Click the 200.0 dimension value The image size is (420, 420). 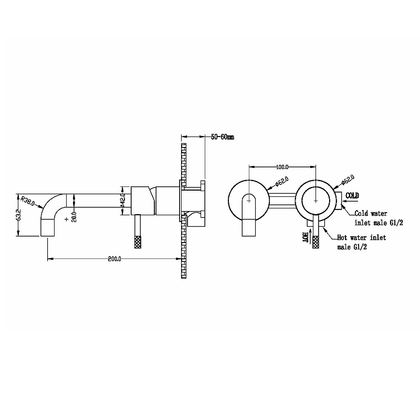coord(114,259)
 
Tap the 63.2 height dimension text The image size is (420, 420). coord(18,215)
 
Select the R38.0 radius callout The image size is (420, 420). coord(28,201)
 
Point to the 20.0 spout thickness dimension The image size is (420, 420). coord(75,217)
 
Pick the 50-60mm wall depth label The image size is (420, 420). coord(222,137)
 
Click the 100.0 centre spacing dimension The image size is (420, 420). coord(282,167)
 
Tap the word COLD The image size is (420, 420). coord(352,195)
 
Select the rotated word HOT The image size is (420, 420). coord(305,237)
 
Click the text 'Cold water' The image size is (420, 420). coord(371,214)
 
